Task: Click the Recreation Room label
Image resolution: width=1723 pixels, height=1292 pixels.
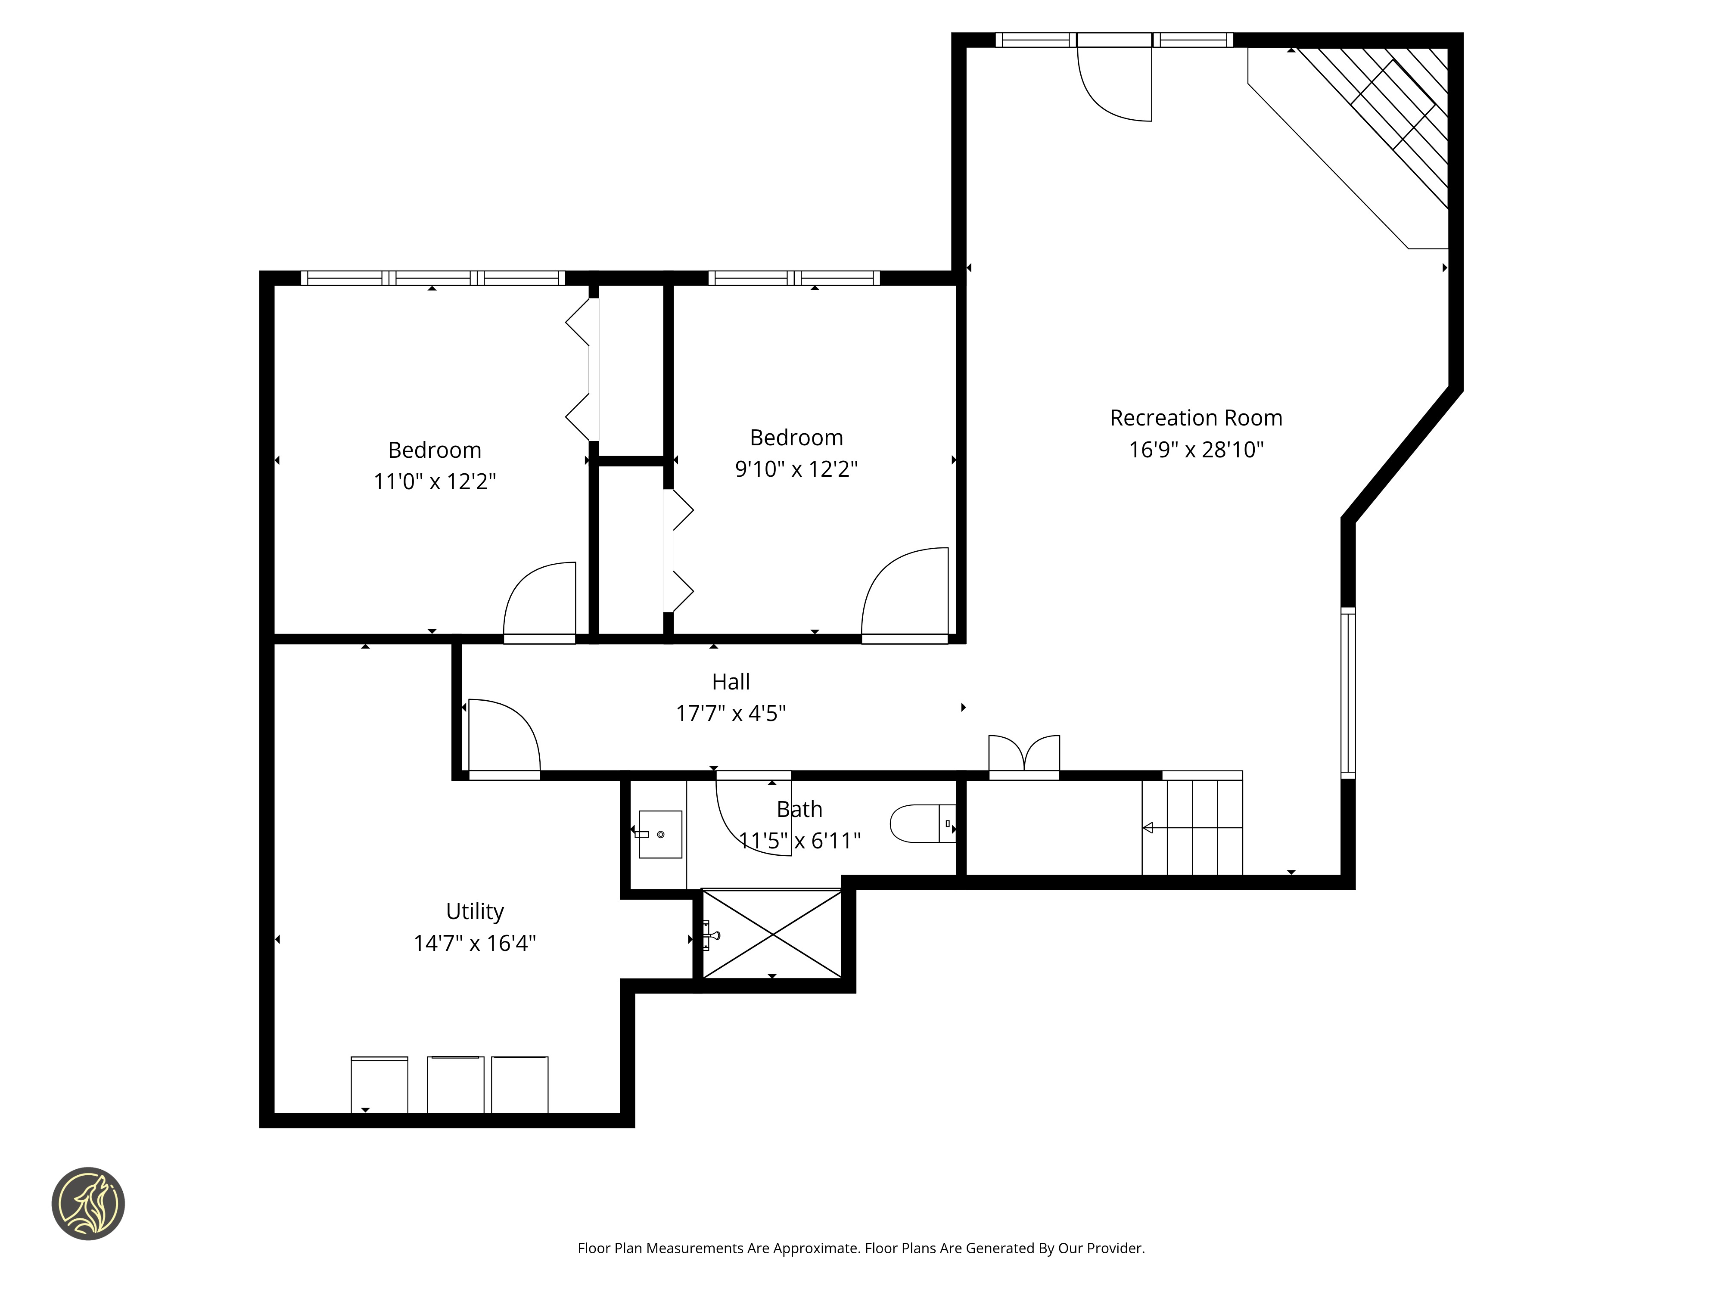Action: click(x=1196, y=418)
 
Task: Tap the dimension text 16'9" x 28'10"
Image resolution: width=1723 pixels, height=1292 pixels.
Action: click(x=1197, y=449)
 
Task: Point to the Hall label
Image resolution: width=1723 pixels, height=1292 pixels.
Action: click(x=731, y=681)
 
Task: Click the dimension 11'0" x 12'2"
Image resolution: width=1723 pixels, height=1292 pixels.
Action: click(x=435, y=481)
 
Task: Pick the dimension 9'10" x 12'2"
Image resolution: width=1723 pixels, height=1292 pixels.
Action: click(x=796, y=469)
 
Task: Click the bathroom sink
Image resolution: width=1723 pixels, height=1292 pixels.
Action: click(x=660, y=834)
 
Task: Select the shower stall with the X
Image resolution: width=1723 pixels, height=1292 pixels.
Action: click(x=772, y=933)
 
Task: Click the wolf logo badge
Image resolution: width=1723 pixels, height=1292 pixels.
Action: click(x=88, y=1203)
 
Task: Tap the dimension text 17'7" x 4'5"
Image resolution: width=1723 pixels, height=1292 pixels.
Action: click(x=731, y=713)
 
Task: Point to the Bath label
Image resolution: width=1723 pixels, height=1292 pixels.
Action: click(x=799, y=809)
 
